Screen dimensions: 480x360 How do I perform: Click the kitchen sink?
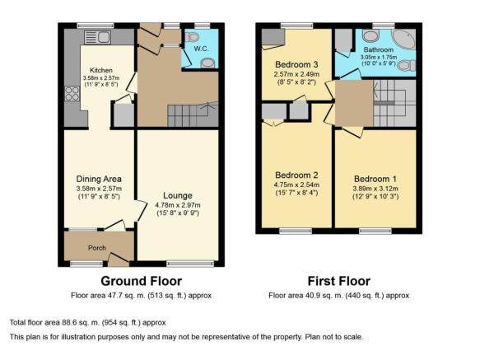click(97, 37)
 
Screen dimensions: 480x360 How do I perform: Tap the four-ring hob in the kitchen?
click(72, 94)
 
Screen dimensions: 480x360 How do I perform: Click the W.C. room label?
click(201, 49)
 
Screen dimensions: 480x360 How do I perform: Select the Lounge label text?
click(178, 195)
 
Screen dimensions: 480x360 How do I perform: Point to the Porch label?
click(97, 248)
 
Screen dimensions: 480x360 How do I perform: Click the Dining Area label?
click(99, 179)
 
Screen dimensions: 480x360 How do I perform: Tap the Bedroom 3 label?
click(296, 64)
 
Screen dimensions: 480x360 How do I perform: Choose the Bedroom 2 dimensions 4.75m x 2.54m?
click(296, 185)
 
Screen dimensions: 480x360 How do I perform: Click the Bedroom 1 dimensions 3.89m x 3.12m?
click(375, 189)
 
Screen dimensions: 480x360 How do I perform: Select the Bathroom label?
click(379, 49)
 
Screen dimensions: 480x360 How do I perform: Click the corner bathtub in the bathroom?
click(404, 39)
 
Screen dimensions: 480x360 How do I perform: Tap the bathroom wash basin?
click(370, 36)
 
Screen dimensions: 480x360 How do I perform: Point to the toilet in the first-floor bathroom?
click(408, 65)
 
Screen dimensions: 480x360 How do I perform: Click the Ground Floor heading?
click(142, 281)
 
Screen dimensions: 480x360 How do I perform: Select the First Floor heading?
click(339, 281)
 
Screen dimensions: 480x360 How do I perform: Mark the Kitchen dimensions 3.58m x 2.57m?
click(101, 77)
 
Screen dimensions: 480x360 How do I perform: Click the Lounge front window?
click(190, 264)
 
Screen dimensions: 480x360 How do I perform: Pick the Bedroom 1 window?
click(375, 231)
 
